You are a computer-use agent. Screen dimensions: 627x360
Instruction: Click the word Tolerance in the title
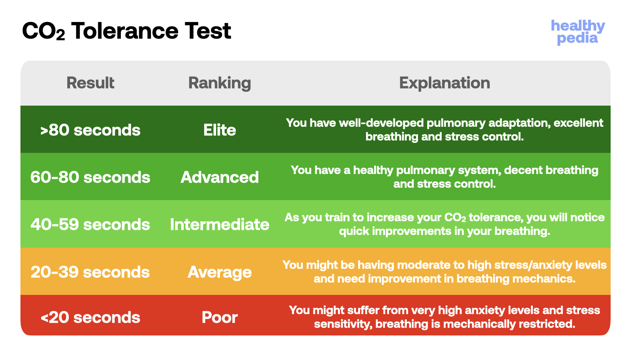coord(125,31)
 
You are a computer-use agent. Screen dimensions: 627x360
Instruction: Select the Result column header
coord(90,83)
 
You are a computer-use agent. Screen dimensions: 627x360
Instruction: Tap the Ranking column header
coord(219,83)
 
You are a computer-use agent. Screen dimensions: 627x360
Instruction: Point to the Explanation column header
coord(444,83)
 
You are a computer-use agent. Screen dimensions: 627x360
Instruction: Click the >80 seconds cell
coord(90,130)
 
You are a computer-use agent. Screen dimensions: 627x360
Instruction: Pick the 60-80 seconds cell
coord(90,177)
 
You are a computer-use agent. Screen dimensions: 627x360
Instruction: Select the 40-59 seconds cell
coord(90,225)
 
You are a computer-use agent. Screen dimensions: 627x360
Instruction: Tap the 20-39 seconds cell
coord(90,272)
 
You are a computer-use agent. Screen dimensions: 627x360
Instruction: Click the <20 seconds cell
coord(90,318)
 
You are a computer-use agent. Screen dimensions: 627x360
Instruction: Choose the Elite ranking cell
coord(219,130)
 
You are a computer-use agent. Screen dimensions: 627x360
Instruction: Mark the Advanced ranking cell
coord(219,177)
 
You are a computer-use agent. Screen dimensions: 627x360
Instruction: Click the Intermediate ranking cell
coord(219,225)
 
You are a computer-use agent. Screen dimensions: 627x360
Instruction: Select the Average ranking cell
coord(219,273)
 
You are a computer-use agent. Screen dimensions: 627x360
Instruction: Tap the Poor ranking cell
coord(219,318)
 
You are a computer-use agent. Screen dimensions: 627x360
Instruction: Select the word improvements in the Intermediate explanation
coord(411,232)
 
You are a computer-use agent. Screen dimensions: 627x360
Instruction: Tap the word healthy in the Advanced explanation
coord(373,171)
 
